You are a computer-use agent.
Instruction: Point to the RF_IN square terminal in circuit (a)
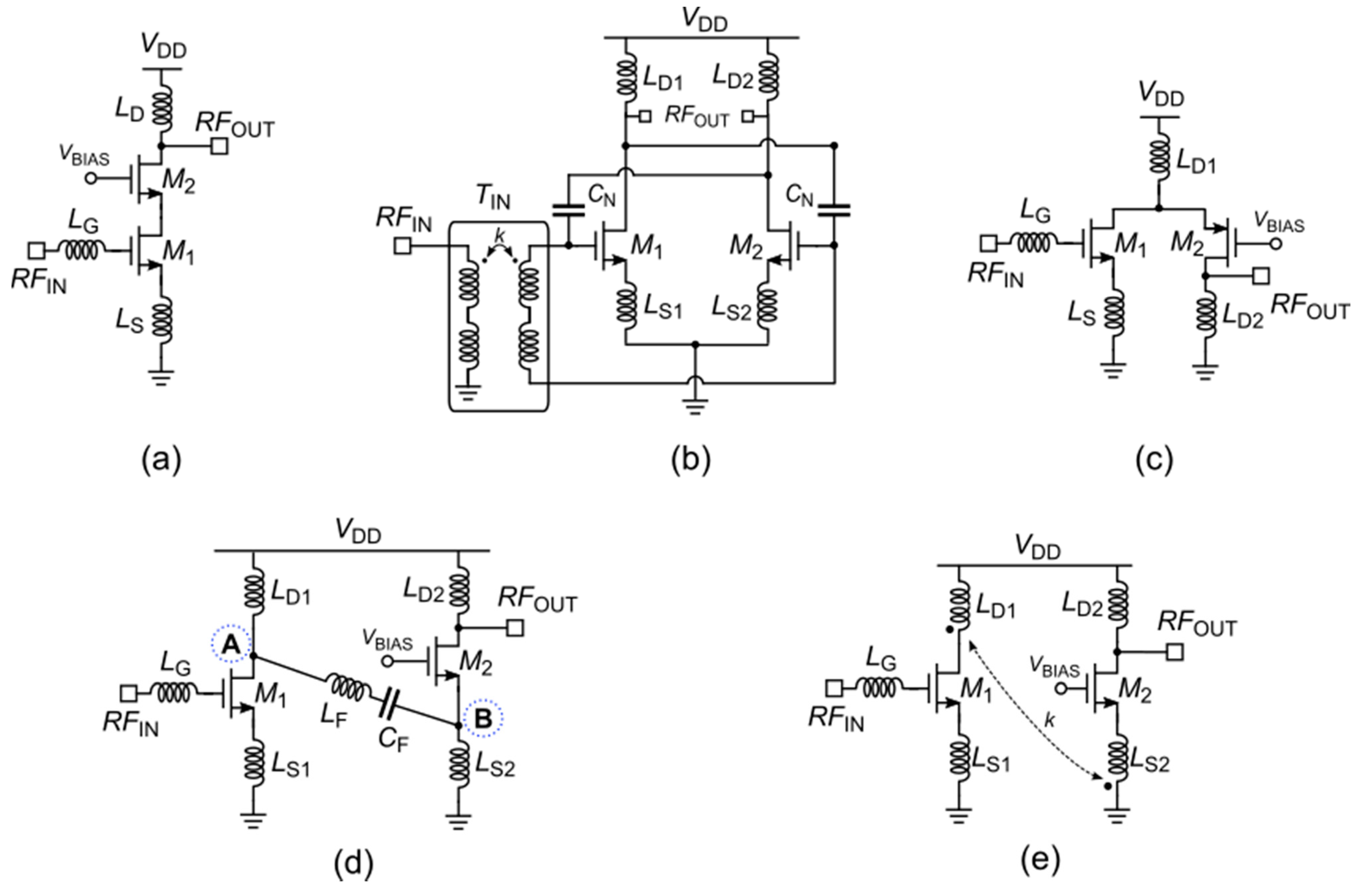tap(37, 250)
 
